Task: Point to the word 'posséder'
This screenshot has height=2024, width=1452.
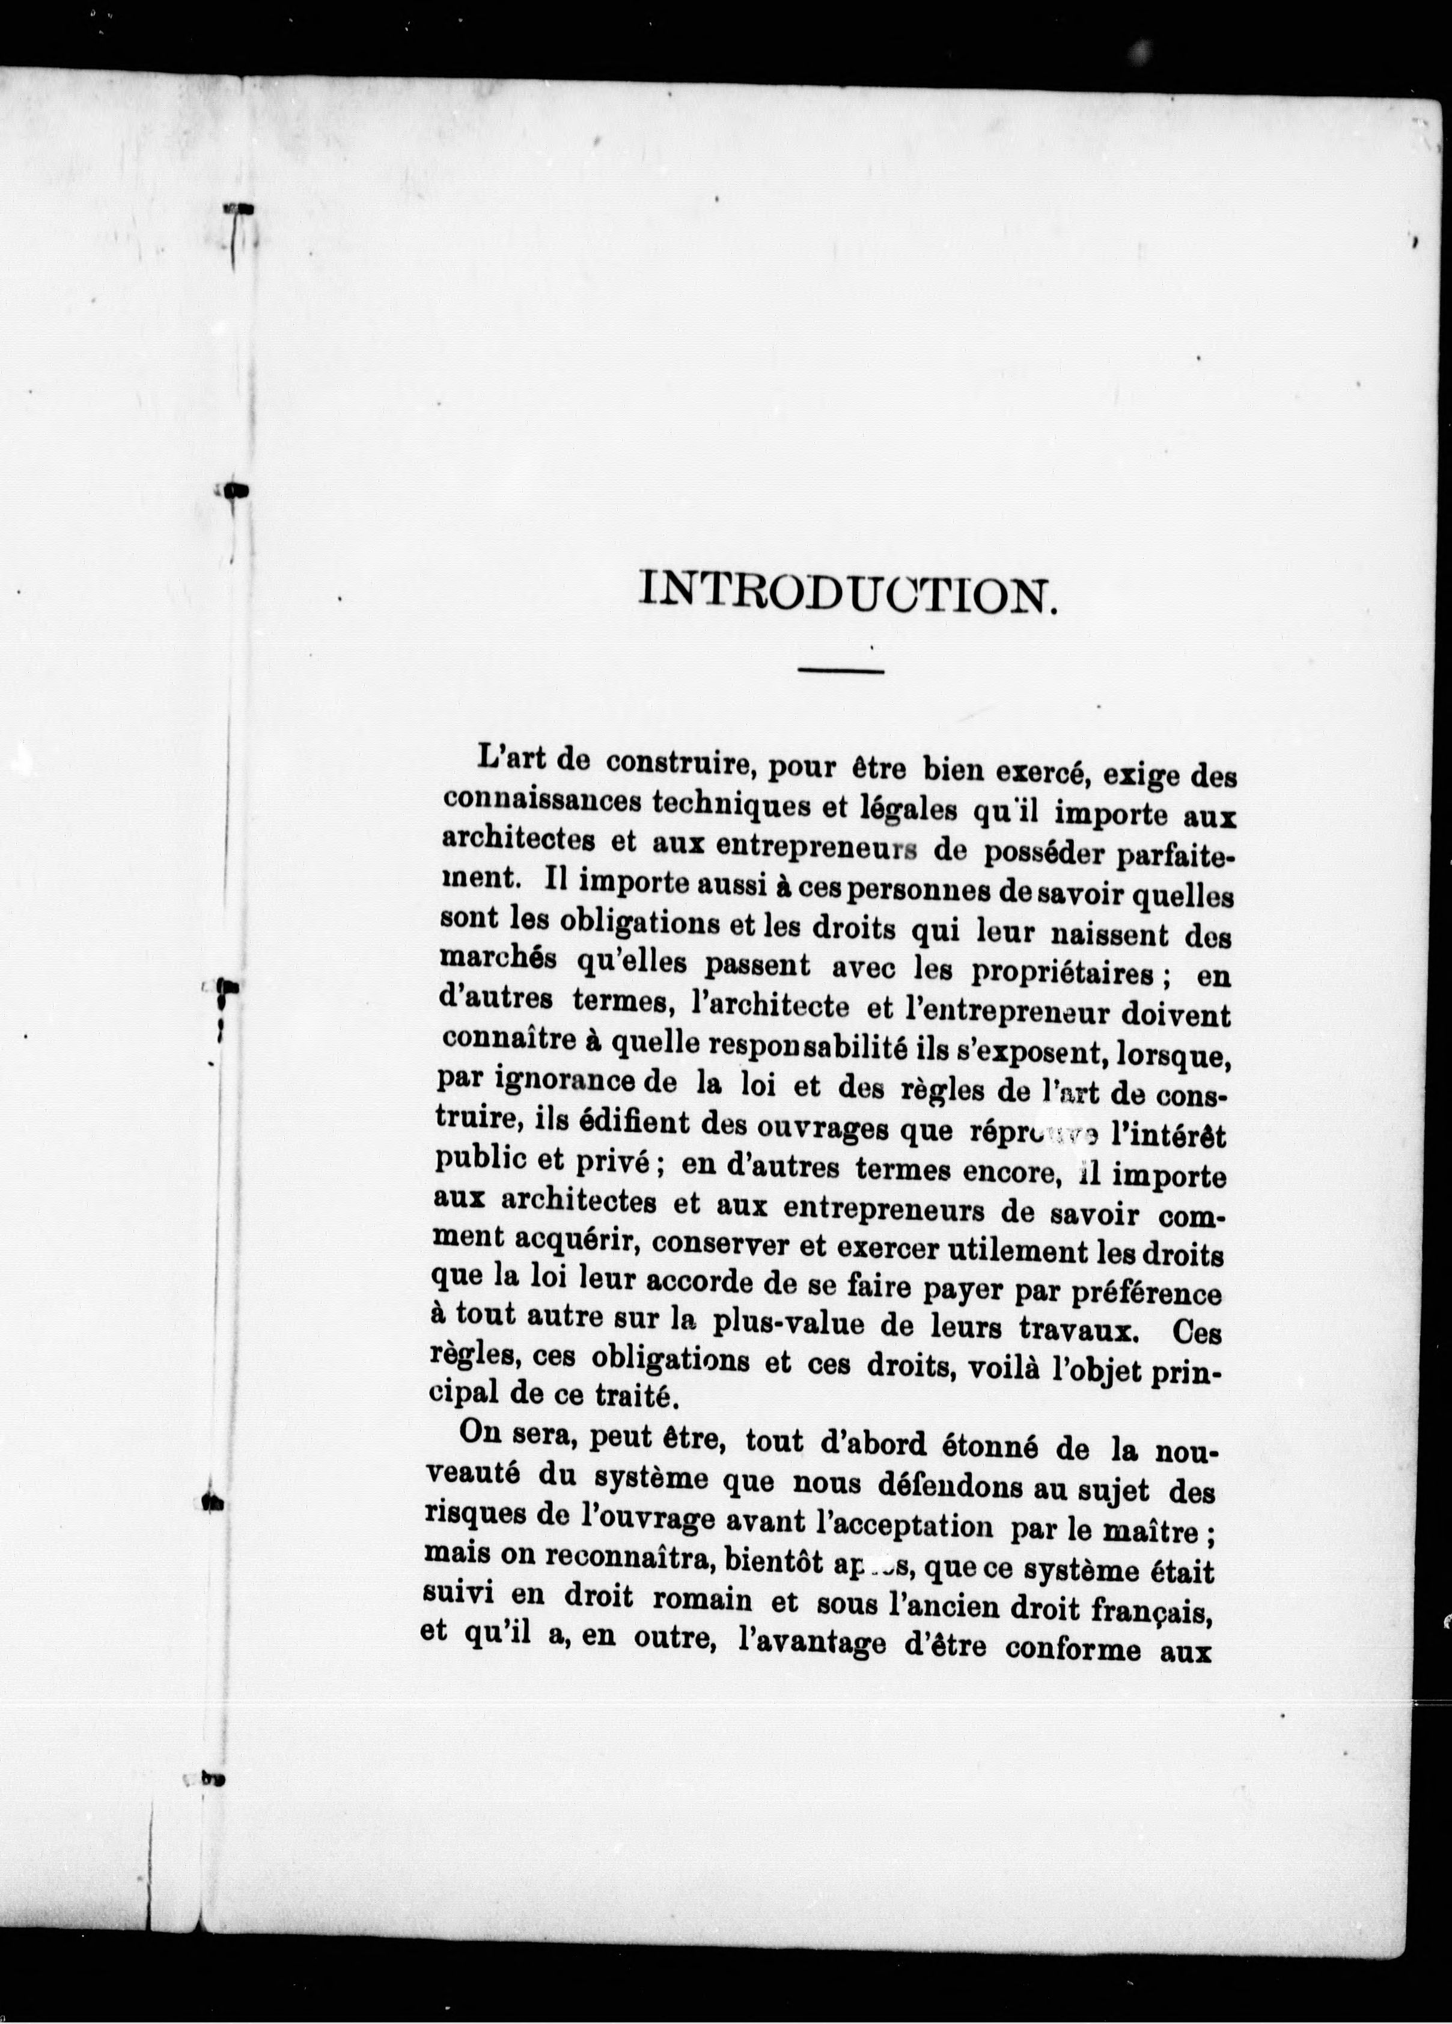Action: (x=1023, y=854)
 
